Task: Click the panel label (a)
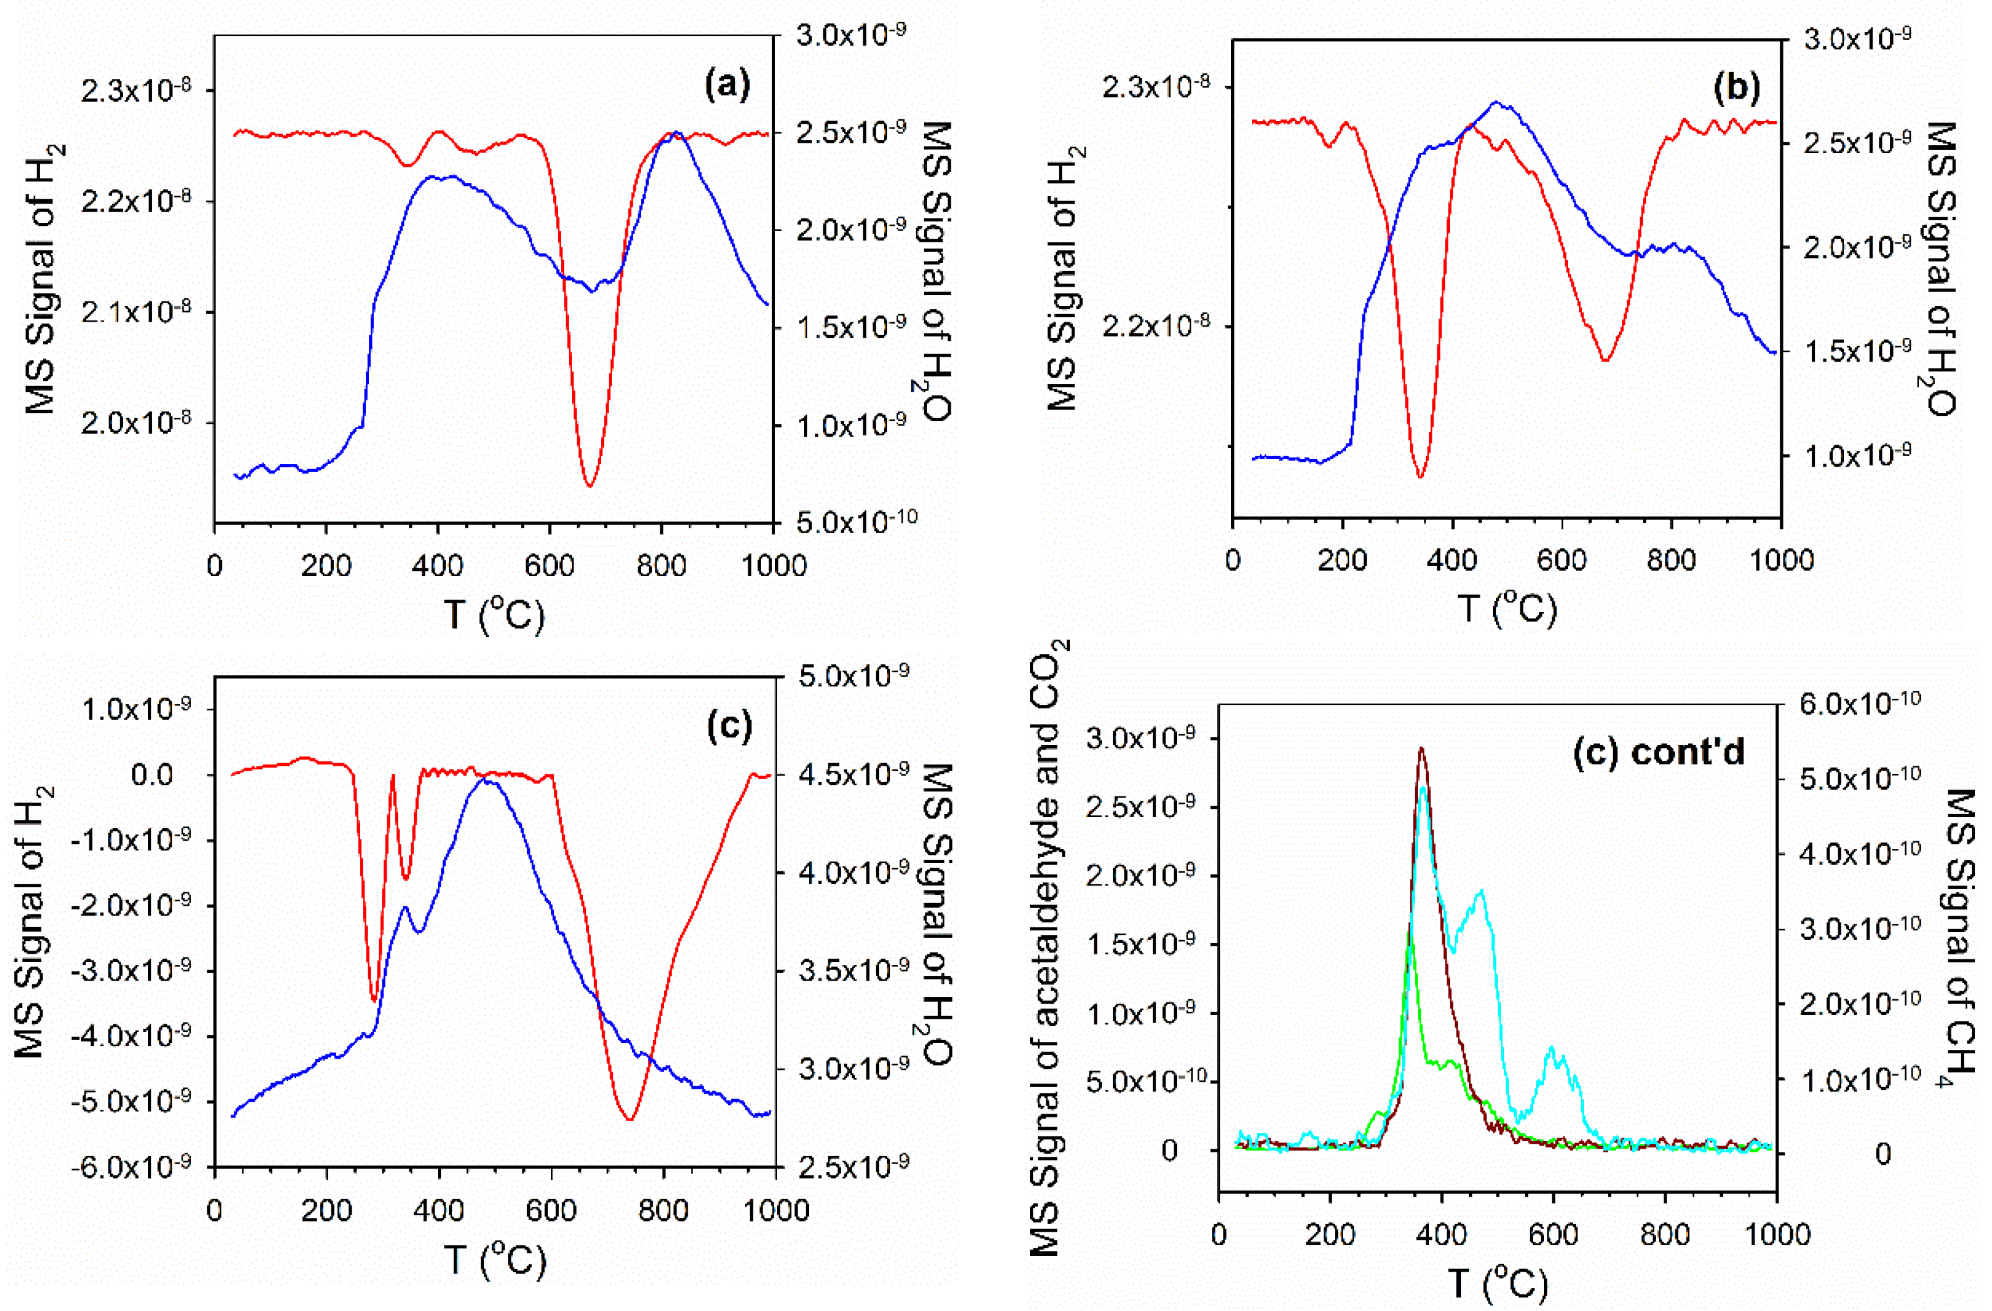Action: click(727, 86)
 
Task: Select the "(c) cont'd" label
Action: click(1659, 752)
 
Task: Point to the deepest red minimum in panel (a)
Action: click(589, 485)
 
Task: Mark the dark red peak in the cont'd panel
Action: click(1420, 749)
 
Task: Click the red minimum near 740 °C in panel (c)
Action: click(630, 1119)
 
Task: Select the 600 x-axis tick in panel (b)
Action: click(1562, 559)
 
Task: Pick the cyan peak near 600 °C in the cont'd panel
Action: click(1552, 1047)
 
